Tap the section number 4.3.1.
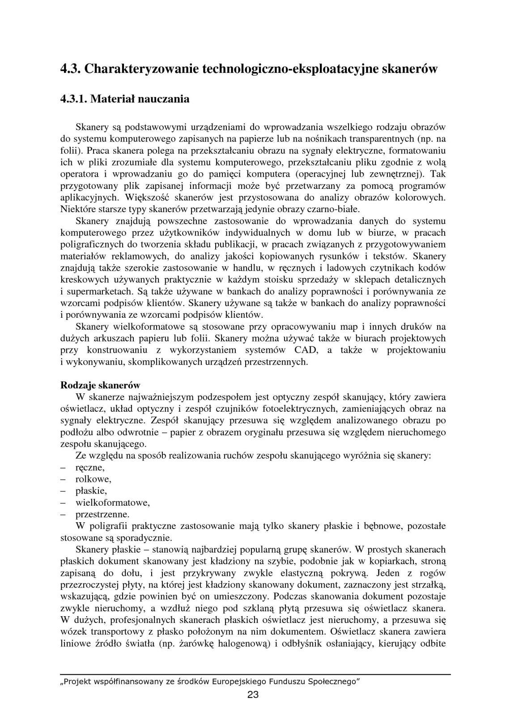74,99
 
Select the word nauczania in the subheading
165,99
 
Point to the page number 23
253,695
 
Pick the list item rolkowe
93,479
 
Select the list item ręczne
90,468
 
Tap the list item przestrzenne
102,514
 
